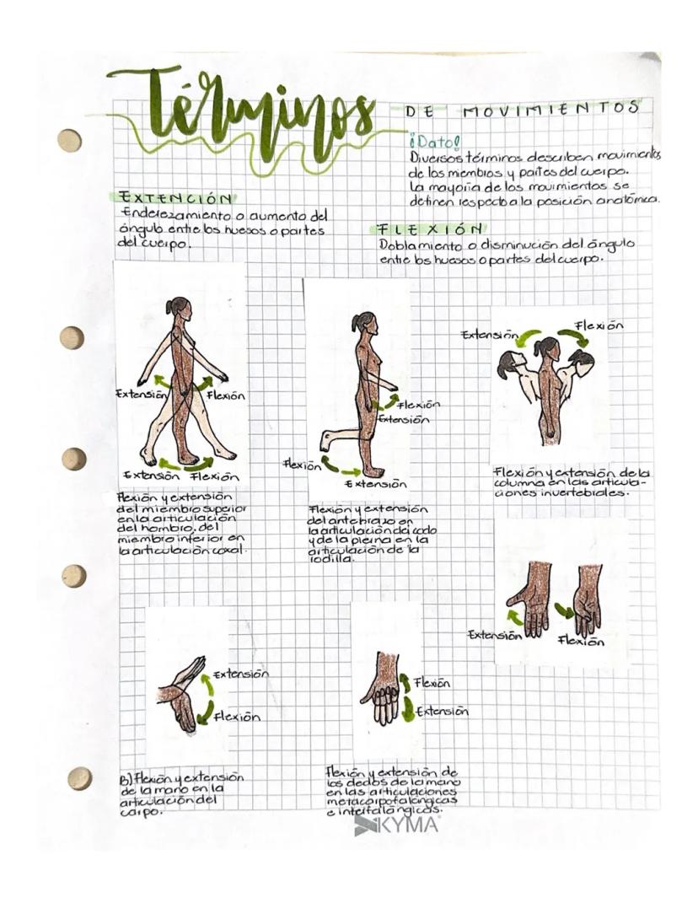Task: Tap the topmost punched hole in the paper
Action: point(69,141)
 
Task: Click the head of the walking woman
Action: point(180,307)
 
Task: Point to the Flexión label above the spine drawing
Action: point(599,325)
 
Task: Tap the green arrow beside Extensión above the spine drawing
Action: point(529,339)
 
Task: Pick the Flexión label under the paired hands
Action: point(581,641)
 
